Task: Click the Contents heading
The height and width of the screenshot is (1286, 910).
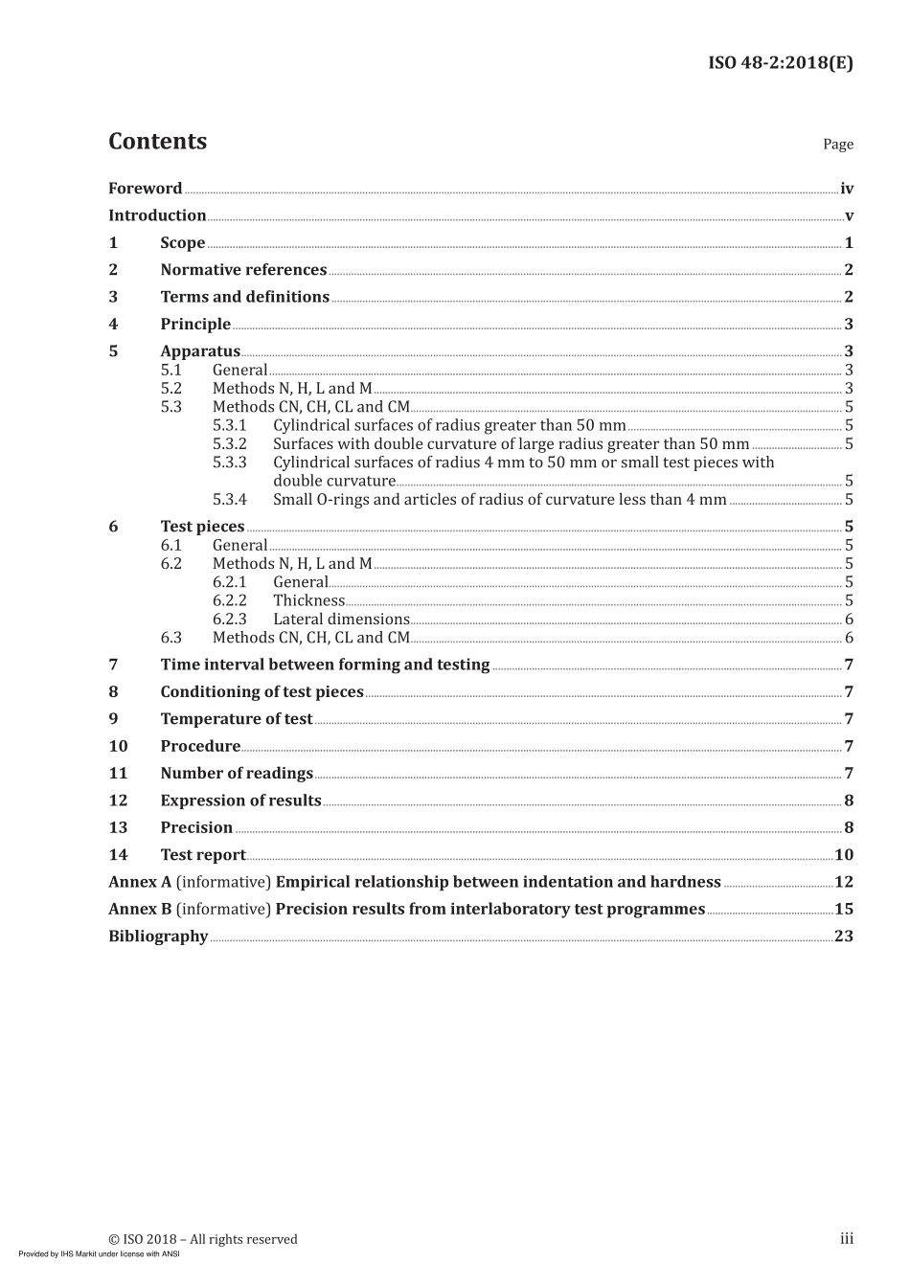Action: pos(157,142)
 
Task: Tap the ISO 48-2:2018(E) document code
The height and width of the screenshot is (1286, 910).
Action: pos(780,63)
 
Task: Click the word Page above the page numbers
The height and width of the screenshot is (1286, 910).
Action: pos(837,145)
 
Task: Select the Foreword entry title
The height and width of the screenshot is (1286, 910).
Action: pos(145,189)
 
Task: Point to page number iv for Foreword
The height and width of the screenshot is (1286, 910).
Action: pos(846,189)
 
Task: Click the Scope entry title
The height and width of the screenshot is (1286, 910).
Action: pos(182,243)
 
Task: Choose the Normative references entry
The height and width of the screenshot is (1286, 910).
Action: pos(243,270)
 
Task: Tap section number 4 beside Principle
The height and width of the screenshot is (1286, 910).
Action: pos(113,325)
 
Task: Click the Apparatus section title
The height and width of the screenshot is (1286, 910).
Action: pos(200,351)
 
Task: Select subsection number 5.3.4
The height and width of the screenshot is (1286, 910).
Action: pos(230,499)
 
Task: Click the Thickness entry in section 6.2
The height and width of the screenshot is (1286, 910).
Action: pos(308,600)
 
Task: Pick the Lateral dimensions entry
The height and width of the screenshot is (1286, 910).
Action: pos(341,620)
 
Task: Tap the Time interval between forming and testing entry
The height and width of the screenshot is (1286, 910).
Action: pos(325,665)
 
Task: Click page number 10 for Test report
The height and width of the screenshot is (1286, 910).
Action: pos(844,855)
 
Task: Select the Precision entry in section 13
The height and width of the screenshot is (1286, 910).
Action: pos(196,828)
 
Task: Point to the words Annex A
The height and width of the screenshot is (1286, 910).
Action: pos(140,882)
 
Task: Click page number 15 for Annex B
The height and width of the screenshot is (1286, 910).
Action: pos(844,910)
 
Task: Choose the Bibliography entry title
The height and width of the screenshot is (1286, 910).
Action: pos(158,936)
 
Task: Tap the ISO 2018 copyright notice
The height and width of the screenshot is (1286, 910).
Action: pos(203,1239)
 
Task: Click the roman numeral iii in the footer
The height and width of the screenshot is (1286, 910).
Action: pos(847,1239)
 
